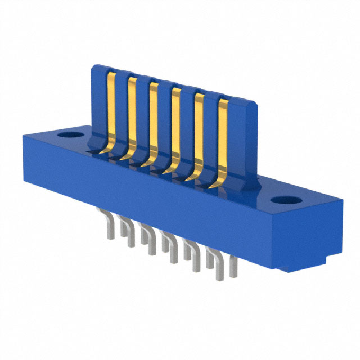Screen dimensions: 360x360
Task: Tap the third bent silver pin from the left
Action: coord(147,236)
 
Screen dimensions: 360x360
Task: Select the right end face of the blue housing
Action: coord(307,236)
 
